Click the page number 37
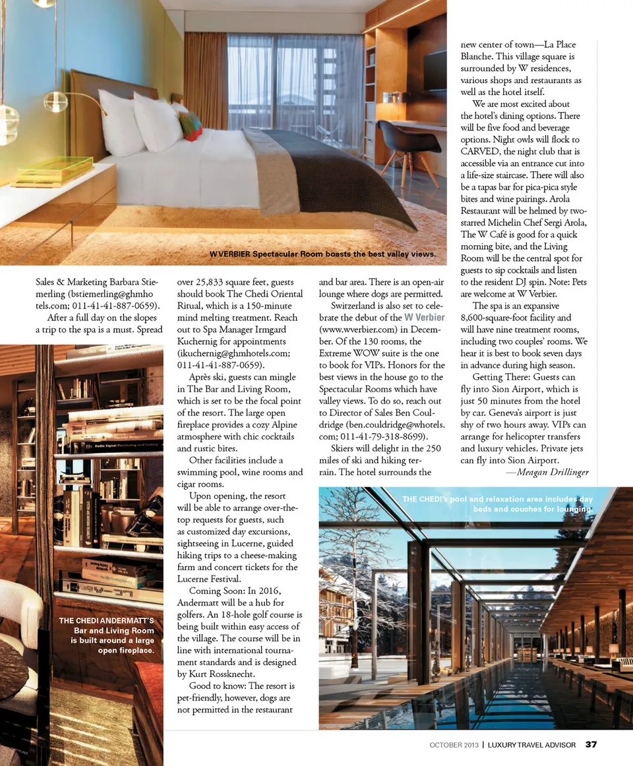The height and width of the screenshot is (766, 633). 591,745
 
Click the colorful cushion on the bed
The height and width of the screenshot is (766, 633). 191,125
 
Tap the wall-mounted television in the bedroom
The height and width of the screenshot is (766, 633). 435,71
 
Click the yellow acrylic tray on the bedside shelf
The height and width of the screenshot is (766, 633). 54,171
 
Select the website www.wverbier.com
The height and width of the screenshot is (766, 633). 356,329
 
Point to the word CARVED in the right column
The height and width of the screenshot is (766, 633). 482,152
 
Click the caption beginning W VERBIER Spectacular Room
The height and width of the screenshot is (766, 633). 322,254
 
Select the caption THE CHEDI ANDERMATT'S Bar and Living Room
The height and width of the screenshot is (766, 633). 107,635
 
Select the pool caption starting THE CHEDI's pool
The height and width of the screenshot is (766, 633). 497,504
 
